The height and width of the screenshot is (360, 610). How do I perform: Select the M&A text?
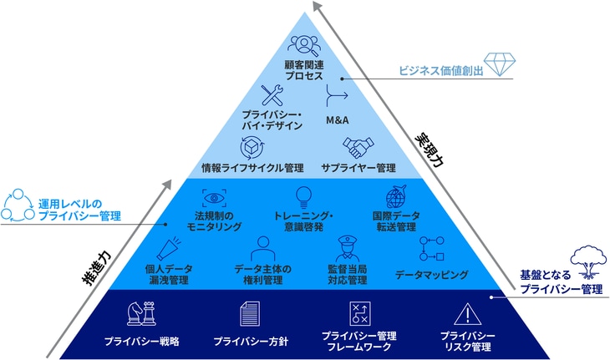337,120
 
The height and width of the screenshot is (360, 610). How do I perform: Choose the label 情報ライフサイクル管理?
252,168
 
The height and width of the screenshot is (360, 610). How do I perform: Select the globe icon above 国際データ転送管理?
395,198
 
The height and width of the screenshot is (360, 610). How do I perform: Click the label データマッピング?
431,274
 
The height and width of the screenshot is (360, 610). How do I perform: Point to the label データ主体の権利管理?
263,274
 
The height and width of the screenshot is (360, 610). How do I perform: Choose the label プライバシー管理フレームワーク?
358,341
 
